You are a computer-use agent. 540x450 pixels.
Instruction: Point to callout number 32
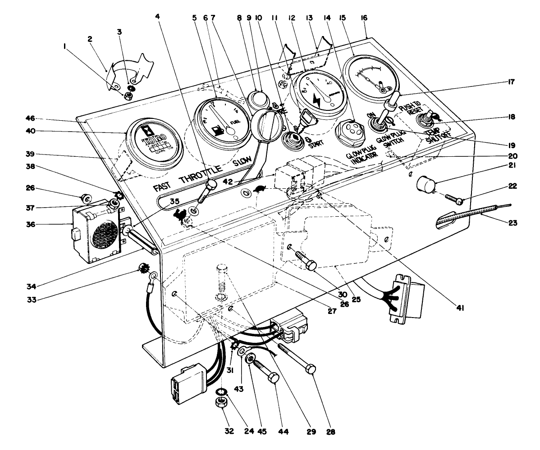229,431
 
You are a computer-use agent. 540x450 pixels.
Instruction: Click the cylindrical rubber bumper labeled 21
425,184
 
